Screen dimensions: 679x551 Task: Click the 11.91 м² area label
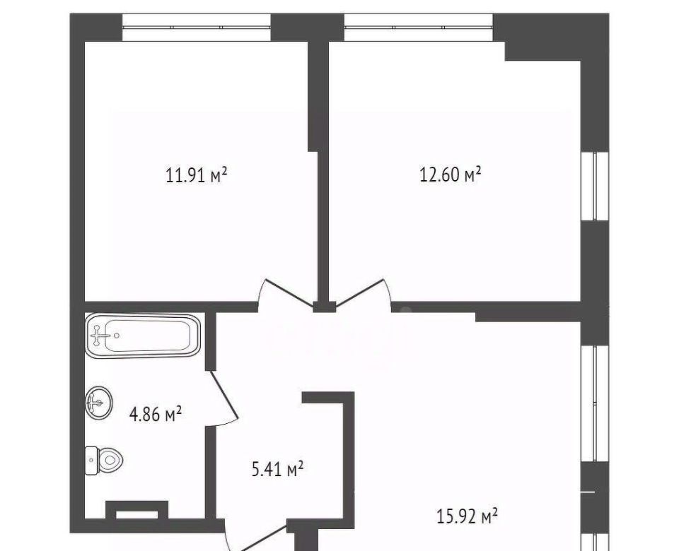coord(197,175)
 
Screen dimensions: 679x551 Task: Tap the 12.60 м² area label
coord(451,174)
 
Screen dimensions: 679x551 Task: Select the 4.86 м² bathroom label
coord(155,414)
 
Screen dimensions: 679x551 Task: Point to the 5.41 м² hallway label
coord(277,469)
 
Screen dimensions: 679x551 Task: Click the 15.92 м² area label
coord(467,516)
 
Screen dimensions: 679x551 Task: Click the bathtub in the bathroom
coord(143,336)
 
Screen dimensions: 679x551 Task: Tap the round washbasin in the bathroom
coord(99,402)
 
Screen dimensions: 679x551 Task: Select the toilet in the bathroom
coord(104,461)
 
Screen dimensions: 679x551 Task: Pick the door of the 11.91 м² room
coord(288,294)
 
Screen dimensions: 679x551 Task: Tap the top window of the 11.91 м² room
coord(197,28)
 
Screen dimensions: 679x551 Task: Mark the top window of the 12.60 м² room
coord(419,28)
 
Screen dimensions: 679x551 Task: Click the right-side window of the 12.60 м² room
coord(595,186)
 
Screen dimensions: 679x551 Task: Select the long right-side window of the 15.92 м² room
coord(595,403)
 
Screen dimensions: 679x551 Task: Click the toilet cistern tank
coord(91,461)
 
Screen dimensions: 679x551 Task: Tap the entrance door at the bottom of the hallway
coord(255,536)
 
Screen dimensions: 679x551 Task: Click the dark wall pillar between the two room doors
coord(325,307)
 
